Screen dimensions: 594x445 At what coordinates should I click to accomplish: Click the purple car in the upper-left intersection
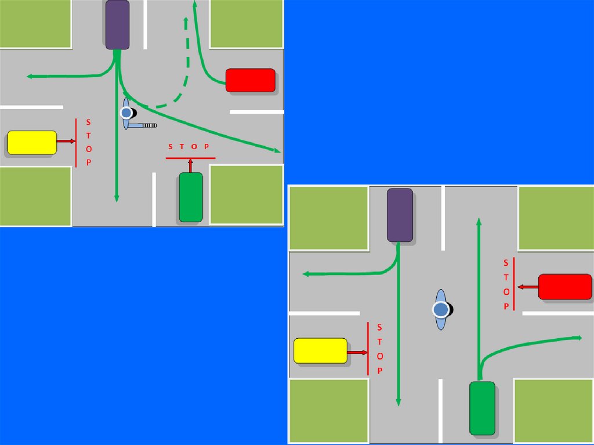click(x=117, y=24)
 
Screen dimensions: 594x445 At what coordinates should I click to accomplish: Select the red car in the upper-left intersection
click(x=250, y=80)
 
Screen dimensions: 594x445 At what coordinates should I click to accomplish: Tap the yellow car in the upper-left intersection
click(x=32, y=143)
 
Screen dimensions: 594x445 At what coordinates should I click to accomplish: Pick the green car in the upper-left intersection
click(x=191, y=197)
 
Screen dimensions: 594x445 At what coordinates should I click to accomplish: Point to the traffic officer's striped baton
click(x=150, y=125)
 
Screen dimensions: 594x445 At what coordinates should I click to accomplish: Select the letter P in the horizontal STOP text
click(x=207, y=147)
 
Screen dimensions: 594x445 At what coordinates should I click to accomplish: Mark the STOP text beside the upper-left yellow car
click(x=88, y=142)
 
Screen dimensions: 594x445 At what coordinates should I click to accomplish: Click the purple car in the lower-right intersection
click(x=400, y=215)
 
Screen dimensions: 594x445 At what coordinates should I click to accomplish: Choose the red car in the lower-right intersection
click(x=564, y=287)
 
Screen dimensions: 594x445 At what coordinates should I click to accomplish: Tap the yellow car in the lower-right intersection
click(x=320, y=351)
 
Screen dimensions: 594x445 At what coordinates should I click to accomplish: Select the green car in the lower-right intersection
click(x=482, y=408)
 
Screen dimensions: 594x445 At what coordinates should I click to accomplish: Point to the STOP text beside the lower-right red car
click(x=506, y=284)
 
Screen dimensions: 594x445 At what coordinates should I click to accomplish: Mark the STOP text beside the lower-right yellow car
click(x=379, y=349)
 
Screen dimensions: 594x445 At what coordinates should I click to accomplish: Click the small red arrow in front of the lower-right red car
click(x=527, y=287)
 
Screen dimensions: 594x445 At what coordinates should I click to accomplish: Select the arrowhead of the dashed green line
click(x=186, y=21)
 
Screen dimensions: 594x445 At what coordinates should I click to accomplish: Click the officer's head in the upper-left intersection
click(x=125, y=113)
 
